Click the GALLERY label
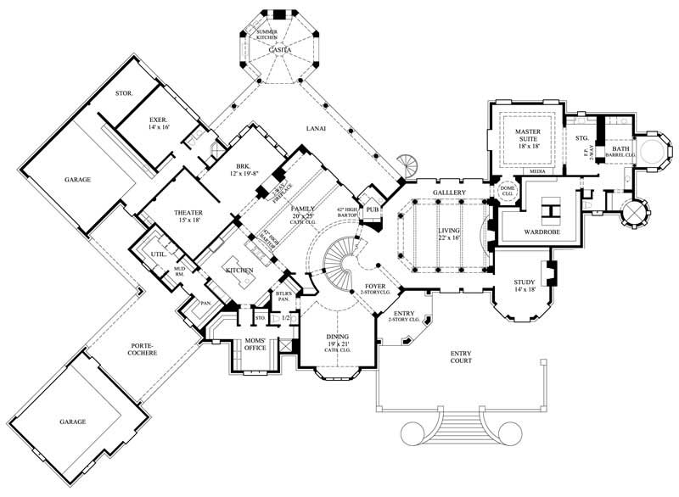pyautogui.click(x=449, y=193)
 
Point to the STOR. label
pyautogui.click(x=123, y=92)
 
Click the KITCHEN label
pyautogui.click(x=239, y=270)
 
